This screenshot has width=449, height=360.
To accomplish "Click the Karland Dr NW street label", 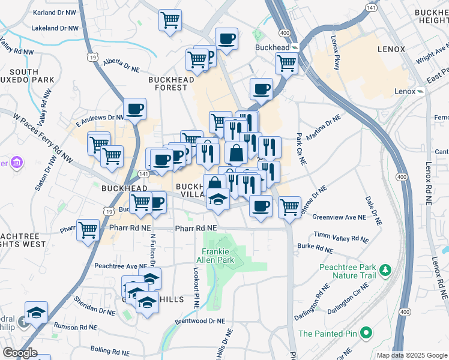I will click(x=58, y=12).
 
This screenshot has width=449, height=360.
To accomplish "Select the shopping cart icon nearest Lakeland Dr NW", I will click(x=170, y=19).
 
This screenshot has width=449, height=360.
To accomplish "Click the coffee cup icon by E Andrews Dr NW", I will click(x=134, y=109).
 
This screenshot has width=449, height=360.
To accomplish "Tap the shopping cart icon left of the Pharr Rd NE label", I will click(x=88, y=229).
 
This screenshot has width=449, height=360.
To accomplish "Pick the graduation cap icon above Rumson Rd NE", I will click(x=37, y=312).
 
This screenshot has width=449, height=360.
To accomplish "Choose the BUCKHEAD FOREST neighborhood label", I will click(x=172, y=83).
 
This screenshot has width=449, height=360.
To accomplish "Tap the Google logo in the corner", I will click(x=19, y=352).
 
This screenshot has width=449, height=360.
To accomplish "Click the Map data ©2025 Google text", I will click(x=411, y=355).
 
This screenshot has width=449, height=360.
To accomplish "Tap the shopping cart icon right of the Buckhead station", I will click(x=287, y=62).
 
